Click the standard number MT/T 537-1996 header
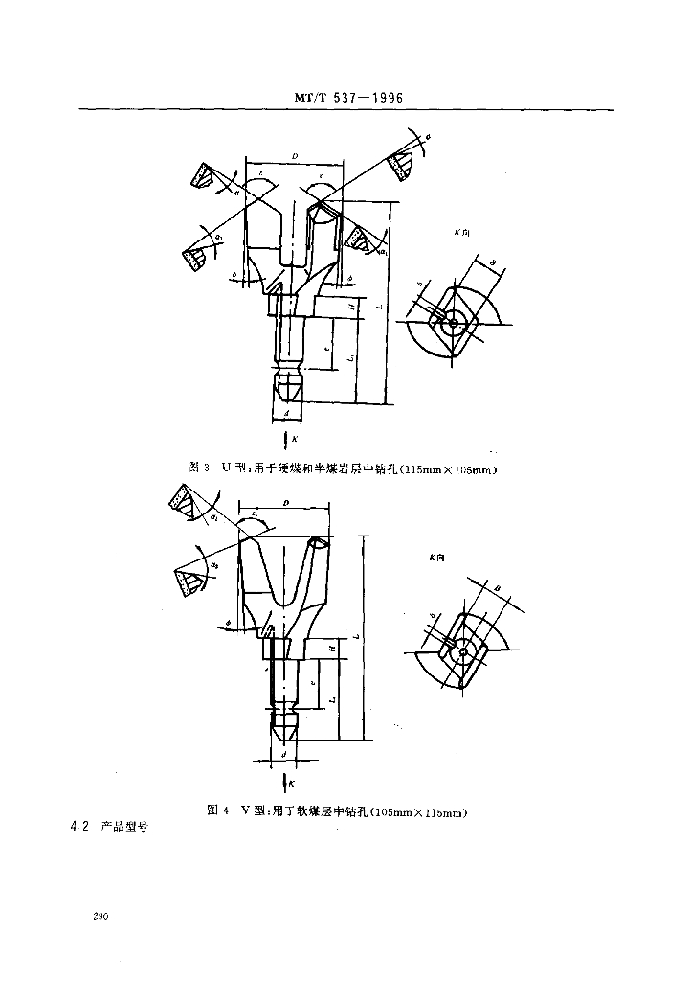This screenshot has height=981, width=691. click(x=346, y=97)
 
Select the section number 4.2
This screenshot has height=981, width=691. click(x=79, y=827)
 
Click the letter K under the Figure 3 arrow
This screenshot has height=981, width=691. click(x=295, y=438)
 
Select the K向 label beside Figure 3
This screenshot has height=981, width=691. click(x=463, y=232)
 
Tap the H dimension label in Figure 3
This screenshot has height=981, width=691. click(x=351, y=307)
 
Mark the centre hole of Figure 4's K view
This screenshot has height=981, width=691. click(x=462, y=651)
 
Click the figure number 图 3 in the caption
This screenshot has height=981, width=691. click(x=199, y=468)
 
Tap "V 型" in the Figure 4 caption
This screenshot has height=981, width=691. click(x=254, y=811)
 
